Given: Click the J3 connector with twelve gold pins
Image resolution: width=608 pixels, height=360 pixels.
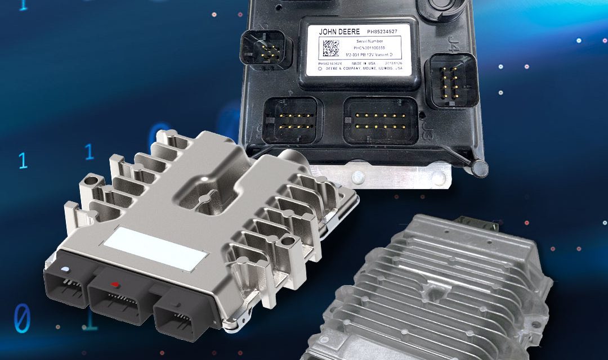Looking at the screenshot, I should [380, 121].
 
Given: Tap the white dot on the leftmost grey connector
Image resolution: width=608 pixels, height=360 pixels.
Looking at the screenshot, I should [66, 268].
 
